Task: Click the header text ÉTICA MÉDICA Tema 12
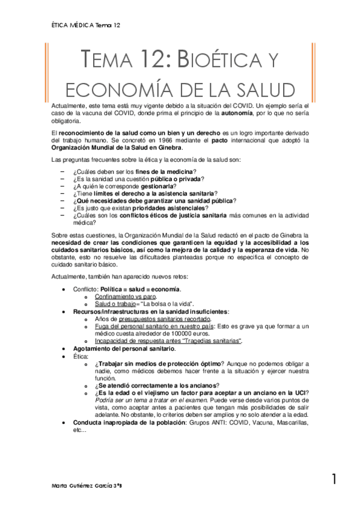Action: point(87,25)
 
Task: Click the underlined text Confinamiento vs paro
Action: point(125,296)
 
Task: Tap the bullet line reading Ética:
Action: point(81,356)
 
